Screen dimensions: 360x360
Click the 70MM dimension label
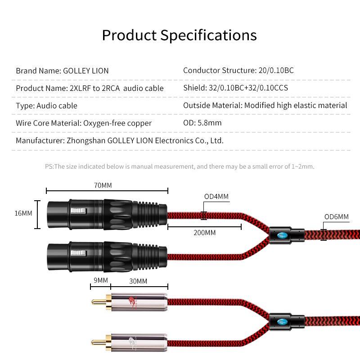[x=103, y=185]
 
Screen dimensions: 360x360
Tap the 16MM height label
[x=23, y=213]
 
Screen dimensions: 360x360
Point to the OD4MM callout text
[x=216, y=196]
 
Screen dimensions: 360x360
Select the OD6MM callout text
[x=336, y=216]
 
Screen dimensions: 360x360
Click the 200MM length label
[x=205, y=233]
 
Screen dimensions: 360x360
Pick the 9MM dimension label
[x=100, y=280]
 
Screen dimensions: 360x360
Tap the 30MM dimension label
[x=138, y=281]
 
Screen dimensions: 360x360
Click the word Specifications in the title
[x=208, y=36]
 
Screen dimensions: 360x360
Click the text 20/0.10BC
[x=276, y=70]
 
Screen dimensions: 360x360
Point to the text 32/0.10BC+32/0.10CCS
[x=248, y=88]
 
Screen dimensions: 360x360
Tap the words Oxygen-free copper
[x=117, y=123]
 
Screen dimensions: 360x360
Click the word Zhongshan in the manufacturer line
[x=86, y=140]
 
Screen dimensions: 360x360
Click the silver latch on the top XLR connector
[x=78, y=211]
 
